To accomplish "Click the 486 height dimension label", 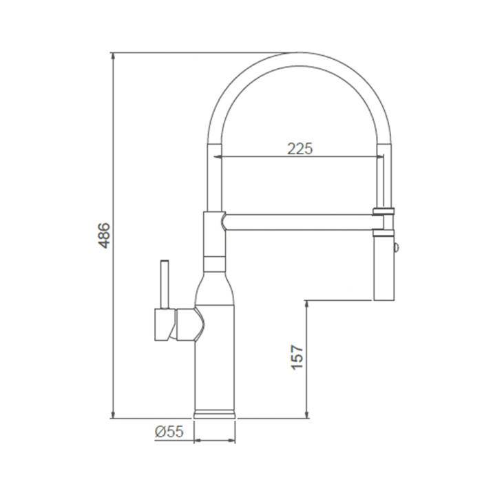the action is [104, 235].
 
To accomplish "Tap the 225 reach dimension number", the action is [300, 149].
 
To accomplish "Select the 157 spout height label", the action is [297, 357].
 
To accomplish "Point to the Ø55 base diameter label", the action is [169, 431].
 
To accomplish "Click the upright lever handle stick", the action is [165, 284].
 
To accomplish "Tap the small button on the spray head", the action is [397, 247].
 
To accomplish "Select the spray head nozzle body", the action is [384, 269].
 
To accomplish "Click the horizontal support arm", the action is [299, 222].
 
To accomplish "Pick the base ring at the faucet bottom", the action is [214, 414].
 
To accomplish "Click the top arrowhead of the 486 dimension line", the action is [112, 56].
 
